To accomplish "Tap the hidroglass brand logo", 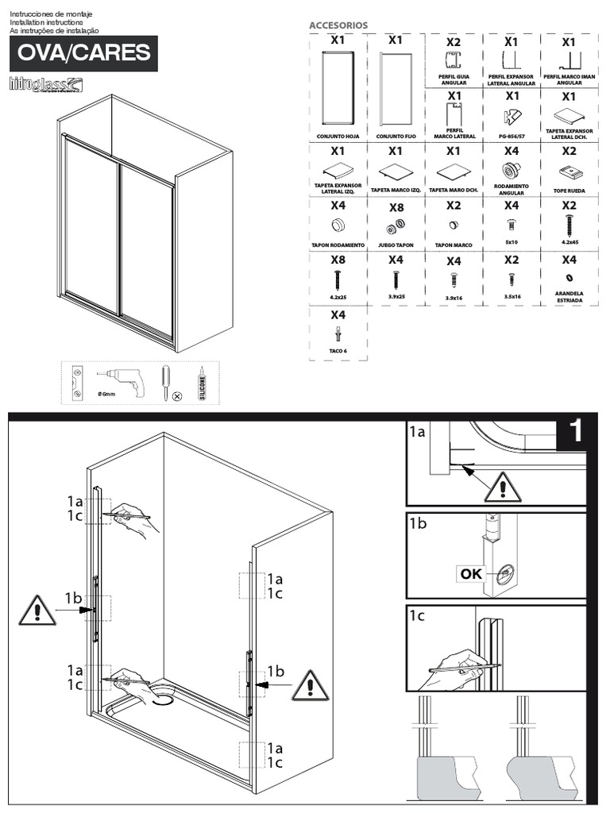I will [44, 83].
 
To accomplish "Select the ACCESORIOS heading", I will [338, 25].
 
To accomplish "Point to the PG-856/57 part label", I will [511, 136].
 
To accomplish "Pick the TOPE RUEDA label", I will [569, 191].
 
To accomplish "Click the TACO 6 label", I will [338, 350].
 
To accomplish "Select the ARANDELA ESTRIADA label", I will [569, 298].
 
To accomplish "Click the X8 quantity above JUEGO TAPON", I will [396, 207].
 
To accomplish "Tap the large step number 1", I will [576, 431].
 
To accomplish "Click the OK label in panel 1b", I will [471, 573].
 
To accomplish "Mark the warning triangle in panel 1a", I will [502, 487].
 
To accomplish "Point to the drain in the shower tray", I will [164, 699].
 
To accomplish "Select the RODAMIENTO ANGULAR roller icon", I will [511, 170].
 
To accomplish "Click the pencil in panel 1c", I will [465, 668].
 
